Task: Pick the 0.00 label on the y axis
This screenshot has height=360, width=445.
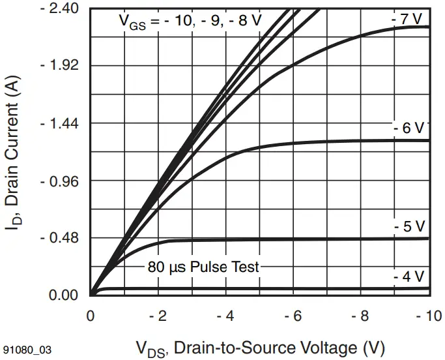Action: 64,295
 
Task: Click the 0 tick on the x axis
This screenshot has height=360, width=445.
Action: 91,316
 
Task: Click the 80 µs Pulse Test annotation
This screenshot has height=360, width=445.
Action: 203,266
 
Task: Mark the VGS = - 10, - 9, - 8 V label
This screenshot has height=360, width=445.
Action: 190,20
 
